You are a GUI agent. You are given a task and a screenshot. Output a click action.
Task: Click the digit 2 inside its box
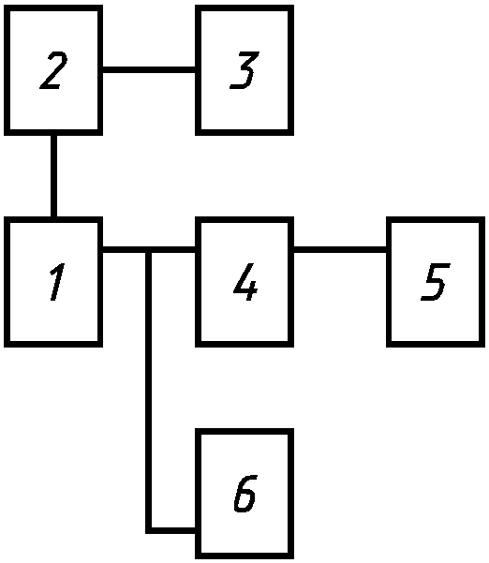coord(53,70)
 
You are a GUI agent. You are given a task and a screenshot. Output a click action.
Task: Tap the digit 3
coord(244,70)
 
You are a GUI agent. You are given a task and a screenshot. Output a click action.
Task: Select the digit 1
coord(57,282)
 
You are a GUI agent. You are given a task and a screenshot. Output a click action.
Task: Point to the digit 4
coord(245,282)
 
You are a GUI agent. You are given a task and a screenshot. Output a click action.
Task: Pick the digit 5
coord(436,282)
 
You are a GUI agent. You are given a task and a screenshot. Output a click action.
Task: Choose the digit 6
coord(245,493)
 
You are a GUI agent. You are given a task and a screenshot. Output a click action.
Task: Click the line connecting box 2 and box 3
coord(149,69)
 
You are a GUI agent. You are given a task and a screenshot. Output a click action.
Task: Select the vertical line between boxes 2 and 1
coord(53,176)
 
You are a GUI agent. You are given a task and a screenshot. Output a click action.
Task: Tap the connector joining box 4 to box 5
coord(340,249)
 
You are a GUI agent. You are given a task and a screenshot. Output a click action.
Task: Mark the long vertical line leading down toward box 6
coord(148,390)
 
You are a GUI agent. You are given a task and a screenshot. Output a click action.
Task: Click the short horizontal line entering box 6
coord(170,531)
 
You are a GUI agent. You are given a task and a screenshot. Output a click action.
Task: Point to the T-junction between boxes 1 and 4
coord(148,249)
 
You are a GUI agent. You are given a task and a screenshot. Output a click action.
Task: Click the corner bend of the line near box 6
coord(148,531)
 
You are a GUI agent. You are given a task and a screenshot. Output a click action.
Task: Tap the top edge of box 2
coord(53,7)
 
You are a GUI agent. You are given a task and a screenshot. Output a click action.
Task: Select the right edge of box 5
coord(482,282)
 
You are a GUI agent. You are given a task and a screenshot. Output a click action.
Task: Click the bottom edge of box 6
coord(244,556)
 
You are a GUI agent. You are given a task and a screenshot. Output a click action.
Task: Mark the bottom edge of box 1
coord(53,345)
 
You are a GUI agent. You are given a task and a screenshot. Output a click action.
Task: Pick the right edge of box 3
coord(291,70)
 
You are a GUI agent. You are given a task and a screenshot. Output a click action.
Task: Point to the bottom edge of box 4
coord(244,345)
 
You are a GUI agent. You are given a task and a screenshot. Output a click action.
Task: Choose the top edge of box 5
coord(436,219)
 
